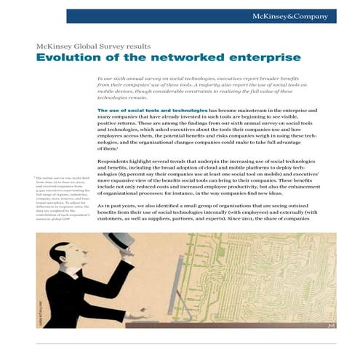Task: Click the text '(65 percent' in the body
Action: point(136,175)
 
